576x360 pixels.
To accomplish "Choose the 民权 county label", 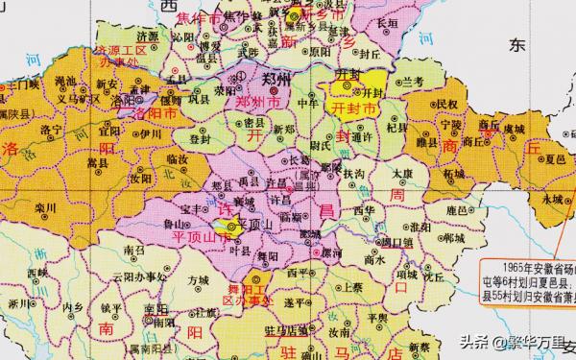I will pyautogui.click(x=447, y=102).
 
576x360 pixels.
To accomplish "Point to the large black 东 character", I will pyautogui.click(x=518, y=45).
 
